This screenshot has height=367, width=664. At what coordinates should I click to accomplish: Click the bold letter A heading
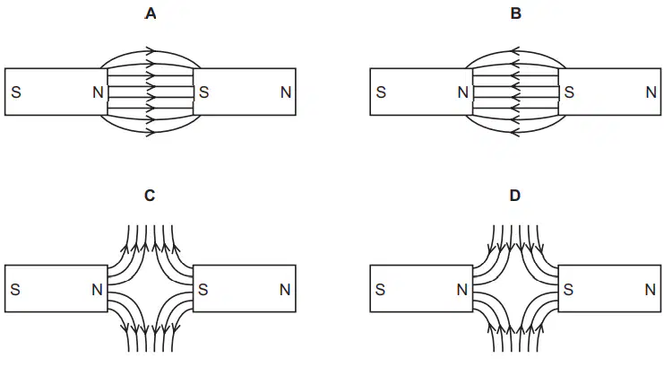(151, 14)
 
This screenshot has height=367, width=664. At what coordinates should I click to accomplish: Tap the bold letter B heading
(516, 14)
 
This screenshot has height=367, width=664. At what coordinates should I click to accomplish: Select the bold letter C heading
(150, 196)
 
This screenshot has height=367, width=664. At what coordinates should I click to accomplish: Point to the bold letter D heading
(515, 196)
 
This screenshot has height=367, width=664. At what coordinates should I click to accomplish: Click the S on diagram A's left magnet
(16, 92)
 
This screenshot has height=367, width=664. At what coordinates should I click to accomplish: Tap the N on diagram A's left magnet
(98, 92)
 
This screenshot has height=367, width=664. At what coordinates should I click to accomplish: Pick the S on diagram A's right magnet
(204, 92)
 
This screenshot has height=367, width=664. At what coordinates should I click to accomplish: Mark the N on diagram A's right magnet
(286, 92)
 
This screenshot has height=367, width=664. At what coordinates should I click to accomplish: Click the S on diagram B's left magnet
(381, 92)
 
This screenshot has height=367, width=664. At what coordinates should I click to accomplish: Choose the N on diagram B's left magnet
(463, 92)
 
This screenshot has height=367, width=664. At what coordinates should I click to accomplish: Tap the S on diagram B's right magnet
(569, 92)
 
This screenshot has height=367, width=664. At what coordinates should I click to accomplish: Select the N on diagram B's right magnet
(651, 92)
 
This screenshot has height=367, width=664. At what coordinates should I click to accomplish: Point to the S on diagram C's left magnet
(15, 289)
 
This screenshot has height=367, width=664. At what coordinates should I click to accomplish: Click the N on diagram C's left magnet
(97, 289)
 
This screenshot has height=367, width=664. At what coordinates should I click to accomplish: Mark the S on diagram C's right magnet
(203, 289)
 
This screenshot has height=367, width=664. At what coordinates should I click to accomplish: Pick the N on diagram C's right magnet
(285, 289)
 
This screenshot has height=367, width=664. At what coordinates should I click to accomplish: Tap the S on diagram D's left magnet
(380, 289)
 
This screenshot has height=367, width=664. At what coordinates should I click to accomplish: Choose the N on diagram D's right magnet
(650, 289)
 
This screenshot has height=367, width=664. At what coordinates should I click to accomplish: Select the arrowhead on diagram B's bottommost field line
(515, 133)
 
